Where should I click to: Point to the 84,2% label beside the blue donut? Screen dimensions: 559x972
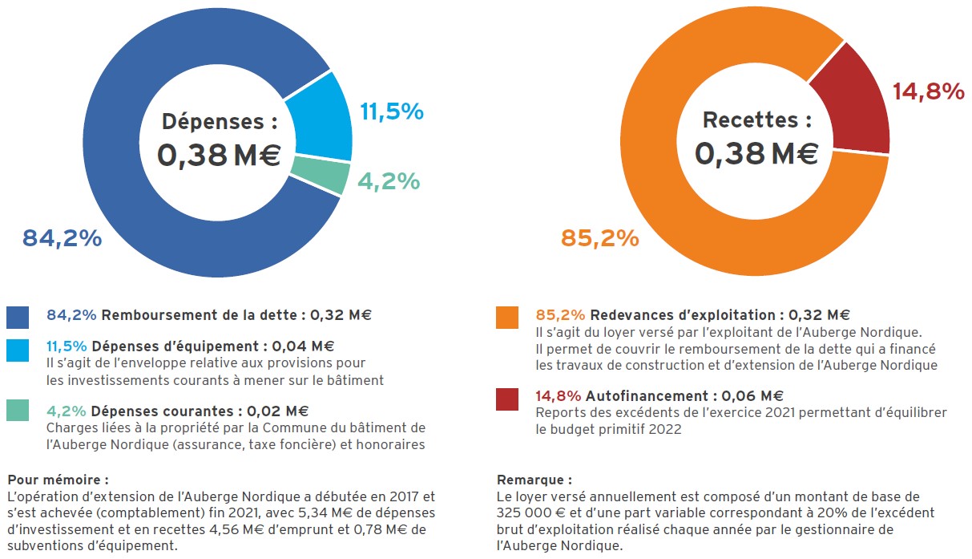click(62, 238)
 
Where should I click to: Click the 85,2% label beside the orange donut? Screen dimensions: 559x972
click(599, 238)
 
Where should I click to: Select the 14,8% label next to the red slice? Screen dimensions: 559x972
click(928, 92)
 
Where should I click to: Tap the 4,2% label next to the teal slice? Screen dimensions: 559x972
click(389, 182)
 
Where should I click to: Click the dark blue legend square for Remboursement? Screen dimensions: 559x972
click(18, 318)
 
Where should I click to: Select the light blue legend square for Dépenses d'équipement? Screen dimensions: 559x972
click(18, 350)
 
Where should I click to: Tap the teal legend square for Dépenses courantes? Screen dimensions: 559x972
click(18, 411)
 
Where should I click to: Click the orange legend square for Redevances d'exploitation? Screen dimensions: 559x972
click(507, 318)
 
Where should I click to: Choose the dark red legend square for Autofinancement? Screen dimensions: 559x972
click(507, 399)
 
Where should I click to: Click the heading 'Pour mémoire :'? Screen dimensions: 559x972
click(58, 480)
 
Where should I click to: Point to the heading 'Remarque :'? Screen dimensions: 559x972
click(534, 480)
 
